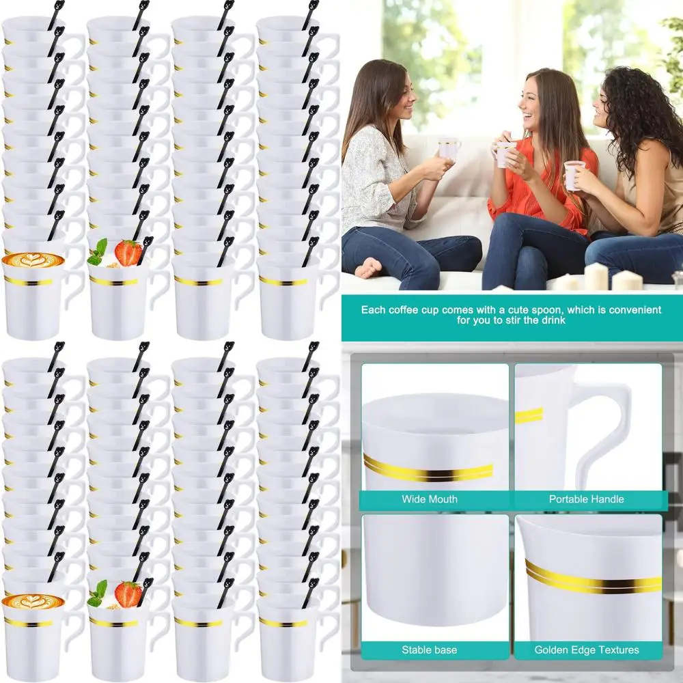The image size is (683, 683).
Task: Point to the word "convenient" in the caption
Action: (x=636, y=309)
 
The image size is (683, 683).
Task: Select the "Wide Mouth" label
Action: (x=430, y=499)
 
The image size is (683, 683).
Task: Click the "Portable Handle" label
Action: (x=587, y=499)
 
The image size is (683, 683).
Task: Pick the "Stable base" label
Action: (x=430, y=650)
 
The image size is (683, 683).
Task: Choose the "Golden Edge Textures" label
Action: (x=587, y=650)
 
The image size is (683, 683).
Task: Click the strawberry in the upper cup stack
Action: (x=128, y=253)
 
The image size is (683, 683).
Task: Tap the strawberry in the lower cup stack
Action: (x=128, y=594)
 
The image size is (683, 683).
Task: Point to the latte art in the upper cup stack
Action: (x=32, y=260)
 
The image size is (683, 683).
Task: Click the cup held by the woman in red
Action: (x=504, y=154)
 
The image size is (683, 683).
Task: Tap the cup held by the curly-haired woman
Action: (x=572, y=174)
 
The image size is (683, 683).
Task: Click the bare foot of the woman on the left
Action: (x=370, y=267)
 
